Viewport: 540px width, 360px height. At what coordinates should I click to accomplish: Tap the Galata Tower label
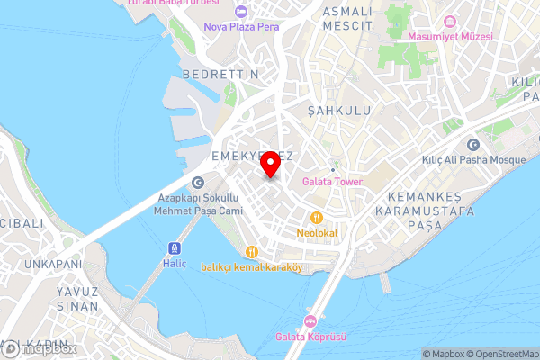point(332,182)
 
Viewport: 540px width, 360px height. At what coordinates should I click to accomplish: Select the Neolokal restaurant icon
point(316,218)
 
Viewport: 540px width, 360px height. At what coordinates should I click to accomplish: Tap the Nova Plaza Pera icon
point(239,12)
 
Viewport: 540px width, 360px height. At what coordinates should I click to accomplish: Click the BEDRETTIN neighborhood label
point(220,74)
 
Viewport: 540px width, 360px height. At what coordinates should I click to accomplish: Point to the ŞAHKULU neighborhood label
point(338,111)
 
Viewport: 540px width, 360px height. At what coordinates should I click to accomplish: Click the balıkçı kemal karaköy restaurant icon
point(253,251)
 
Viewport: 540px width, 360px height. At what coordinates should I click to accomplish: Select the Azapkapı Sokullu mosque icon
point(184,184)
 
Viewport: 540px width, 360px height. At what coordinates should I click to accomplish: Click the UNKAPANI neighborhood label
point(52,265)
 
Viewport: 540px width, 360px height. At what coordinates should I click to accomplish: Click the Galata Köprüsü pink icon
point(310,322)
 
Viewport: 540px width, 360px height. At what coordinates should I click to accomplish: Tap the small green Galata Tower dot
point(332,169)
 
